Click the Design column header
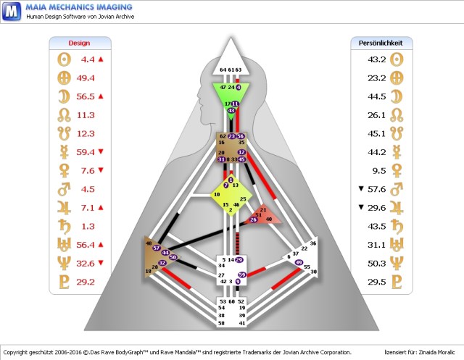(x=79, y=43)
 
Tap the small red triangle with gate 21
(x=264, y=215)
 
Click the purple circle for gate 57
(x=156, y=248)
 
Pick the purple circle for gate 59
(x=242, y=275)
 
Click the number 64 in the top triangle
(x=223, y=70)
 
